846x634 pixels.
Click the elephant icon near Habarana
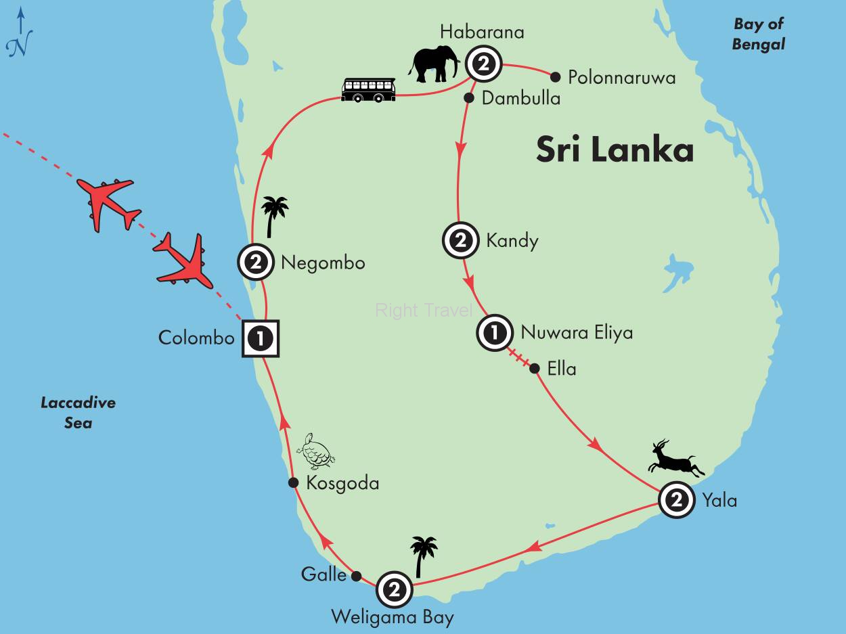(x=433, y=64)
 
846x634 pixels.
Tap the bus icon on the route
(x=368, y=89)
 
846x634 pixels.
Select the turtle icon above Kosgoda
(x=316, y=452)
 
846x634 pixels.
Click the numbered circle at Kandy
(x=460, y=240)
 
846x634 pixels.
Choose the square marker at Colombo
(x=261, y=337)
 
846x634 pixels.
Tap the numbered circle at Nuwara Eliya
(x=495, y=333)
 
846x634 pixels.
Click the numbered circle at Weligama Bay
(x=394, y=589)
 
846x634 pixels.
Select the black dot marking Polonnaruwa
(x=556, y=76)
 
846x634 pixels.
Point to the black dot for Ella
(x=534, y=369)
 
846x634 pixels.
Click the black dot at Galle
(x=357, y=576)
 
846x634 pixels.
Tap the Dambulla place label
(x=521, y=99)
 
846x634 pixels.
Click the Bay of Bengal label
(x=759, y=34)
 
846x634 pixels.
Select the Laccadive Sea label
(x=77, y=413)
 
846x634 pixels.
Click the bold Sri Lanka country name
(x=615, y=150)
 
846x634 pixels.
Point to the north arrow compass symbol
(x=20, y=34)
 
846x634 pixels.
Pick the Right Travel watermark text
(x=424, y=311)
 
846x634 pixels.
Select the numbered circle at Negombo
(x=256, y=263)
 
